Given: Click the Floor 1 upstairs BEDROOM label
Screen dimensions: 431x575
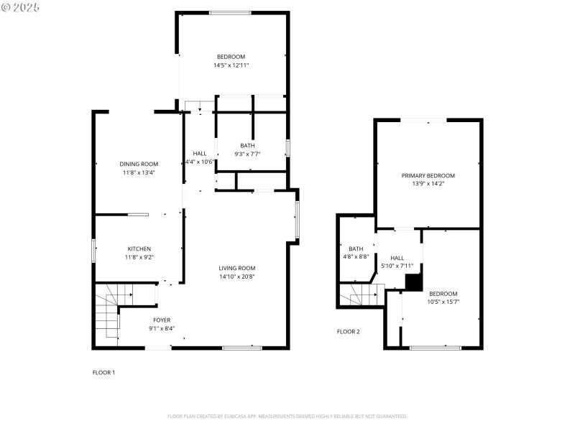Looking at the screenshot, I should pos(231,57).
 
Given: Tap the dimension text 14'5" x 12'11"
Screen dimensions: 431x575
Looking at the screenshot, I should pos(231,65).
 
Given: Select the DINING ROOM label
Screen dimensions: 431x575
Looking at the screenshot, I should pos(139,164).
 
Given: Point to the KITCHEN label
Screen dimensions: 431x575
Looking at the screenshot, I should pos(139,249).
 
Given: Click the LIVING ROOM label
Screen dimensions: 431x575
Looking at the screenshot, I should pos(237,268).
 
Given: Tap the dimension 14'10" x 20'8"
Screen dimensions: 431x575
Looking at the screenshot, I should pos(237,277).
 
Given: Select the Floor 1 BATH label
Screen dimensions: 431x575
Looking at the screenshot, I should pos(247,145).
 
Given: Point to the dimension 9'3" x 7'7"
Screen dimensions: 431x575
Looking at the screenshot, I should pos(247,154).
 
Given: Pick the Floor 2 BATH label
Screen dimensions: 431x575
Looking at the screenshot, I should pos(356,249).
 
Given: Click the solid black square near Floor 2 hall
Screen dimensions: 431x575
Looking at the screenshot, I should pos(413,282).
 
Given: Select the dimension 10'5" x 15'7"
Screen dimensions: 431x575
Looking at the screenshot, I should pos(443,302).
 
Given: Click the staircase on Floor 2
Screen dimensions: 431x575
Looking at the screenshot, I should pos(359,295).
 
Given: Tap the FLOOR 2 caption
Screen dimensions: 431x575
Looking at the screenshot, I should pos(349,332).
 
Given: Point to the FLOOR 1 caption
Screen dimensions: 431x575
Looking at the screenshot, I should pos(103,372).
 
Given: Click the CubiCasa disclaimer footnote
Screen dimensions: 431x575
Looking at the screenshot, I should pos(287,416).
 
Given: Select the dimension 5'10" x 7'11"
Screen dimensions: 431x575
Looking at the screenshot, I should pos(397,266).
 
